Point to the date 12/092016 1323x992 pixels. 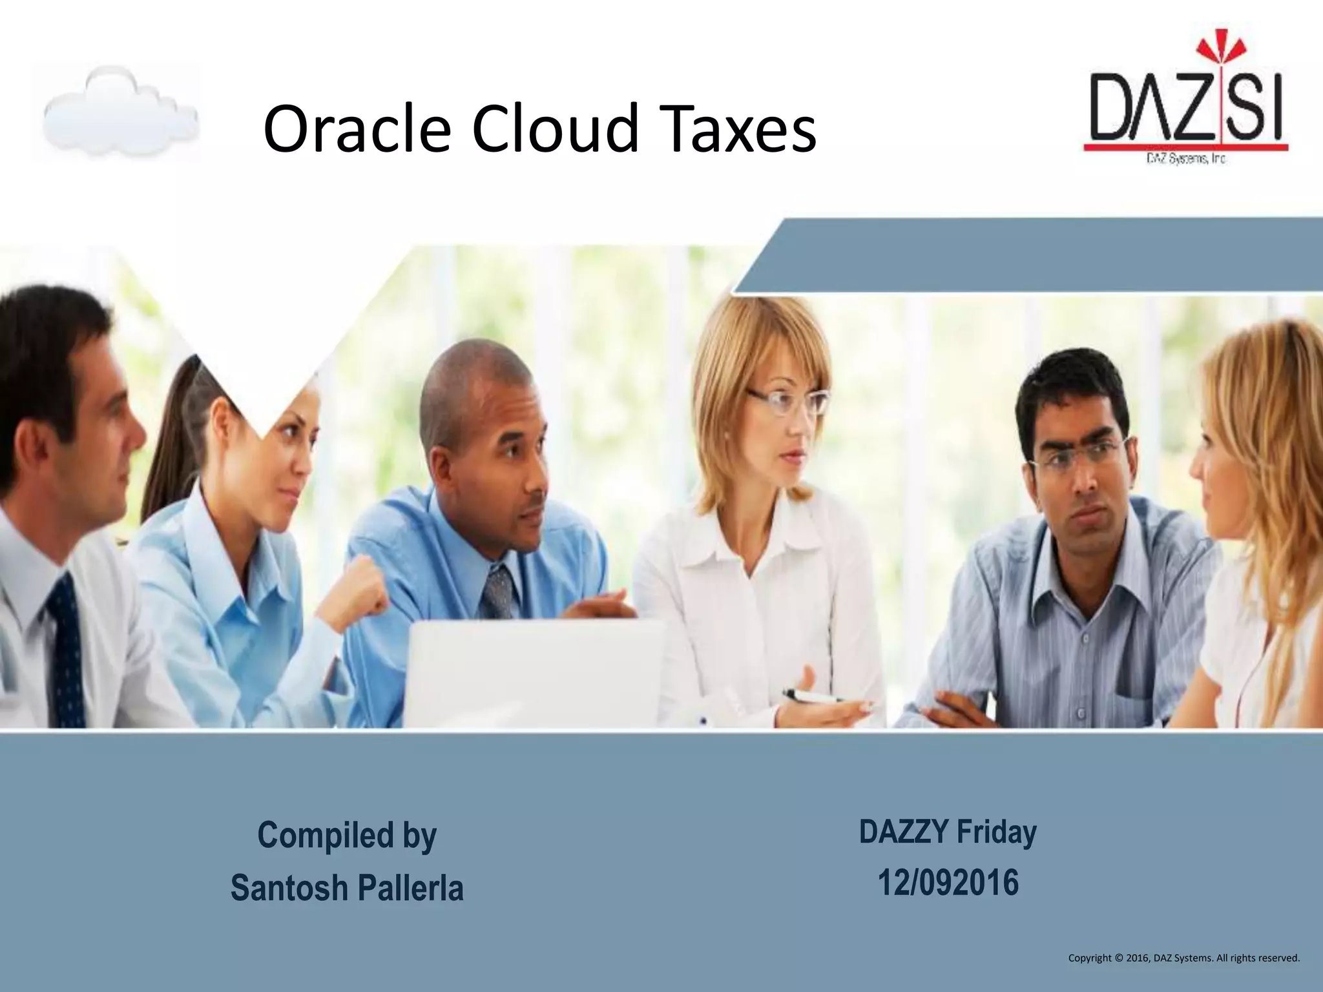pyautogui.click(x=948, y=883)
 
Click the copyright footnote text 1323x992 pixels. pyautogui.click(x=1183, y=958)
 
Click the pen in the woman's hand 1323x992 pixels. pyautogui.click(x=811, y=697)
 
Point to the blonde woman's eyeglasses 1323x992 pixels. pyautogui.click(x=788, y=402)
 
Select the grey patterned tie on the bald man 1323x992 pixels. pyautogui.click(x=497, y=591)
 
